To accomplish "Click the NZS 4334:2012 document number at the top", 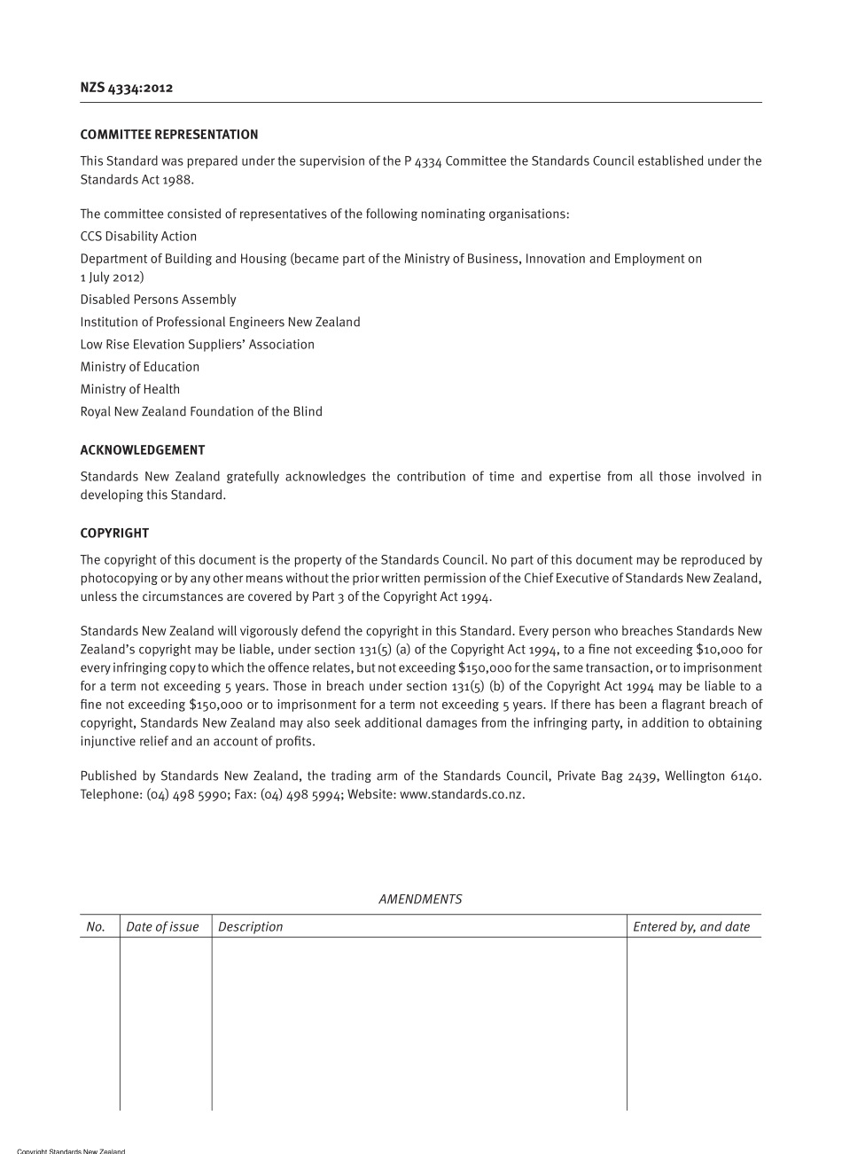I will pyautogui.click(x=127, y=88).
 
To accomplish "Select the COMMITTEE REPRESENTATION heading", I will pyautogui.click(x=169, y=135).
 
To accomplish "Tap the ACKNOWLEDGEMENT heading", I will pyautogui.click(x=143, y=450).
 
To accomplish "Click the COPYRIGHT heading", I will pyautogui.click(x=114, y=534).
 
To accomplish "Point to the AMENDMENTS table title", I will pyautogui.click(x=420, y=899).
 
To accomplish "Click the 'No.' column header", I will pyautogui.click(x=96, y=927).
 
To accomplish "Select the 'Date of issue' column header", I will pyautogui.click(x=162, y=927).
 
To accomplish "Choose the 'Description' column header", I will pyautogui.click(x=251, y=927).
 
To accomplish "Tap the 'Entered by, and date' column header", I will pyautogui.click(x=691, y=927).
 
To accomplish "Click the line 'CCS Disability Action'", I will pyautogui.click(x=138, y=237).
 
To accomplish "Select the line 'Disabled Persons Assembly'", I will pyautogui.click(x=158, y=300).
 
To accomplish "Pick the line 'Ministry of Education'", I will pyautogui.click(x=140, y=367).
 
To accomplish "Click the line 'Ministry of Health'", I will pyautogui.click(x=130, y=389).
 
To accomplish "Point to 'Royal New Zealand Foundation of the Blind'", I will pyautogui.click(x=201, y=411).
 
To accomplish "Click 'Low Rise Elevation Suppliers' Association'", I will pyautogui.click(x=197, y=345).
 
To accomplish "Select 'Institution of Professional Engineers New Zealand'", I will pyautogui.click(x=220, y=323).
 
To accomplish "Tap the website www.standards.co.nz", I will pyautogui.click(x=462, y=794).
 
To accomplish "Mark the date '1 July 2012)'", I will pyautogui.click(x=112, y=277).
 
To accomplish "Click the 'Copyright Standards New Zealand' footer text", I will pyautogui.click(x=71, y=1150).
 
